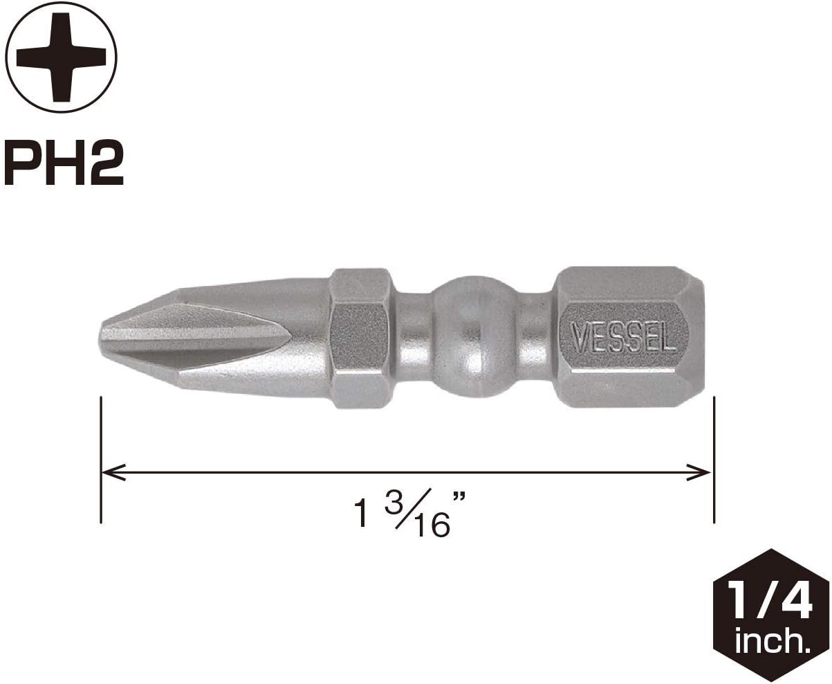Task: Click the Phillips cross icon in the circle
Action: pyautogui.click(x=61, y=57)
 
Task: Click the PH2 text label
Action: pyautogui.click(x=64, y=163)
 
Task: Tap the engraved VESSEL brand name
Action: pyautogui.click(x=622, y=338)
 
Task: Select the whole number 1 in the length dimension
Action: pyautogui.click(x=360, y=514)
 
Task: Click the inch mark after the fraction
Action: pyautogui.click(x=459, y=497)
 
